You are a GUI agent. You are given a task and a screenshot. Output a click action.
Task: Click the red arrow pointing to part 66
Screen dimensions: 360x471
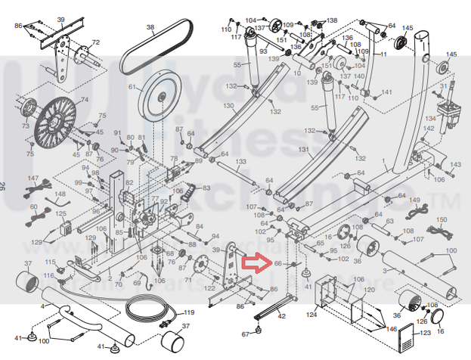(x=256, y=264)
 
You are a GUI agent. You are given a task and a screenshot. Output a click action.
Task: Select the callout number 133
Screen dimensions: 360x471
(x=240, y=162)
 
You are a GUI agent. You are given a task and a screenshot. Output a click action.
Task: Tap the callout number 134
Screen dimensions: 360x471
(x=430, y=119)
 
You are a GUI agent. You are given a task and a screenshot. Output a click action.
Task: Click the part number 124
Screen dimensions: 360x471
(x=311, y=314)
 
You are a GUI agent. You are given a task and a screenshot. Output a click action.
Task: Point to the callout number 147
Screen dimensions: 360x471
(x=33, y=178)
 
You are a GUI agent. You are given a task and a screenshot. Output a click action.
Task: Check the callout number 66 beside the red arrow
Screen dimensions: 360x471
(x=277, y=264)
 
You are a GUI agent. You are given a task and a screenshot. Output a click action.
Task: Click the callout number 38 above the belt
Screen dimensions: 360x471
(x=150, y=28)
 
